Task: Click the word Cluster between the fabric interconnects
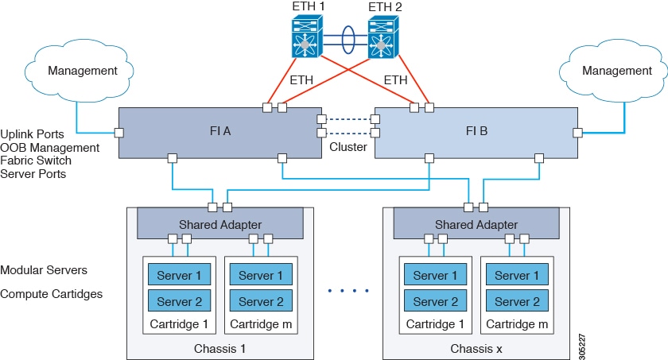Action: coord(348,147)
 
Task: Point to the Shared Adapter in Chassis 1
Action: coord(220,225)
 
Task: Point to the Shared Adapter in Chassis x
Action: coord(476,225)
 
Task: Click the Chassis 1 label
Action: coord(219,348)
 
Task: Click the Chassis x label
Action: coord(476,348)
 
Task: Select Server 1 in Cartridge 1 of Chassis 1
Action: coord(179,276)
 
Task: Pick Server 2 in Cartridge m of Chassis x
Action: coord(517,302)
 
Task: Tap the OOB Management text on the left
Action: coord(50,147)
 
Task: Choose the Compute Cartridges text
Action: coord(52,294)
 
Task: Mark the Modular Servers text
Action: coord(44,270)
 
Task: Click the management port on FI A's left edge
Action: coord(119,132)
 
